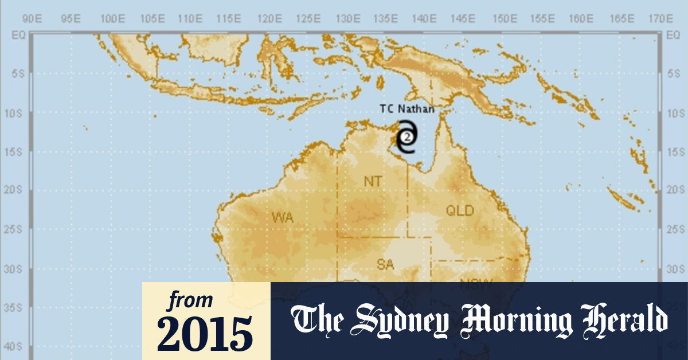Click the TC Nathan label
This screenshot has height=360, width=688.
coord(407,109)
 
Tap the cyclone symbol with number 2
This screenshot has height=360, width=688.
coord(406,137)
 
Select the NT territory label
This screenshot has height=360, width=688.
coord(373,181)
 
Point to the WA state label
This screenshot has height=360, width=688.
coord(283,217)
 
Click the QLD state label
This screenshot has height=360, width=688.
coord(460,211)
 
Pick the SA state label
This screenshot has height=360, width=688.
coord(385,264)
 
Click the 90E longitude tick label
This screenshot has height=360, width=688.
coord(34,18)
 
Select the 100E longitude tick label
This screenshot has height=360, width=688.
coord(112,18)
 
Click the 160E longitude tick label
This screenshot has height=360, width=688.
coord(581,18)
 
